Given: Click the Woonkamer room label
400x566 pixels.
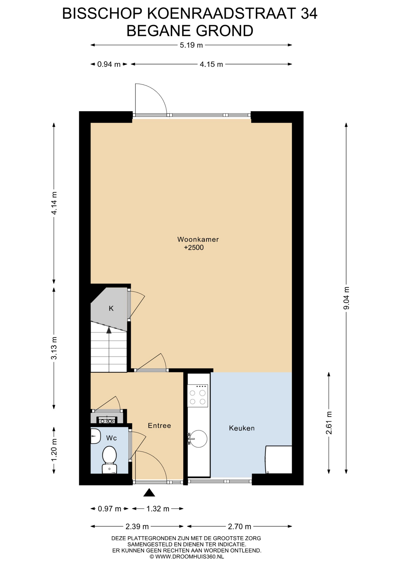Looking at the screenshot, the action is (198, 239).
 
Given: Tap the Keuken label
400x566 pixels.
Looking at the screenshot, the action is (242, 428).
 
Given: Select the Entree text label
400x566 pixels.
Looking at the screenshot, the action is (159, 425).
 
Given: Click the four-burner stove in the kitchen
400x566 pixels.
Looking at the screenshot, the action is (198, 396).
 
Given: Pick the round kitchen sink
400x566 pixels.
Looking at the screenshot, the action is (198, 439).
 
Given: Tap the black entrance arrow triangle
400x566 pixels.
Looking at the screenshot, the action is (149, 493).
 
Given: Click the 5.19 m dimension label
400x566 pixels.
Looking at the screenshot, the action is (191, 45).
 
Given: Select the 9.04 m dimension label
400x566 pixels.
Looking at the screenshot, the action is (346, 298).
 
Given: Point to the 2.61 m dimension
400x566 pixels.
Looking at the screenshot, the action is (329, 423).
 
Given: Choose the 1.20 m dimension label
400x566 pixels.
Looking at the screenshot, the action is (54, 450).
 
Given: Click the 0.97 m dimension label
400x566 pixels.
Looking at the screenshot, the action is (109, 509).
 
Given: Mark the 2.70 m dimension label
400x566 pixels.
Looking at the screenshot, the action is (239, 526).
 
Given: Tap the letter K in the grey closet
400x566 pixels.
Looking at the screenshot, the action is (111, 308).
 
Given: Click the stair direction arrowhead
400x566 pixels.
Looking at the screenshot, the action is (109, 330).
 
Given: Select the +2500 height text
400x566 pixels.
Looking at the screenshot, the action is (194, 247).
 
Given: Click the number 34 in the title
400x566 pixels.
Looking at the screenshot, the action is (309, 14).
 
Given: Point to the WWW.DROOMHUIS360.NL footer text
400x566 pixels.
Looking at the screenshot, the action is (189, 557).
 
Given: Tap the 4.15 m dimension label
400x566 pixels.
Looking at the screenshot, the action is (211, 64).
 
